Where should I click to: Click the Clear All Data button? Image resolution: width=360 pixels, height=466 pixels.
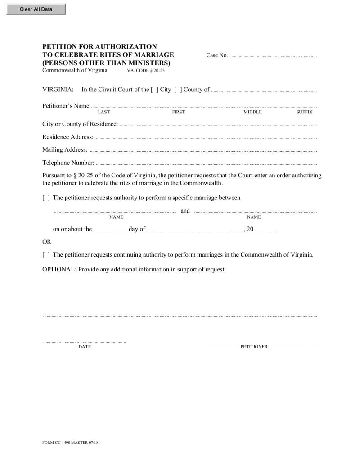point(36,9)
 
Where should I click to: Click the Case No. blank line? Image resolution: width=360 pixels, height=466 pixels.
point(273,56)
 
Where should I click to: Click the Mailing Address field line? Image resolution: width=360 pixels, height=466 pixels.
point(203,151)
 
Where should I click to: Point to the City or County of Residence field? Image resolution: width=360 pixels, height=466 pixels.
point(218,125)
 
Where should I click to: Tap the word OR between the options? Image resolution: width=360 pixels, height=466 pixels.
point(47,242)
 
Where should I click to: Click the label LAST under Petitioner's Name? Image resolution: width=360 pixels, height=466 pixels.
point(104,112)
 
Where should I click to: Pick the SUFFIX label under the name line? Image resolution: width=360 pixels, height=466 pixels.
point(304,112)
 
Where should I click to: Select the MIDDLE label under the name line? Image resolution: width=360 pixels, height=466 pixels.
point(252,112)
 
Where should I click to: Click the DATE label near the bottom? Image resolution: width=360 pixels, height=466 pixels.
point(85,347)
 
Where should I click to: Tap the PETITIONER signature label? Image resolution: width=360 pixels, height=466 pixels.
point(254,347)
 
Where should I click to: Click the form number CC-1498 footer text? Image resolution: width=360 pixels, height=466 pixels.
point(70,443)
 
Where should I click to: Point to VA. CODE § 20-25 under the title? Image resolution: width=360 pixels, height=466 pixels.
point(146,71)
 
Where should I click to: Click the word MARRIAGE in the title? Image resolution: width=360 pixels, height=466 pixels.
point(152,55)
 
